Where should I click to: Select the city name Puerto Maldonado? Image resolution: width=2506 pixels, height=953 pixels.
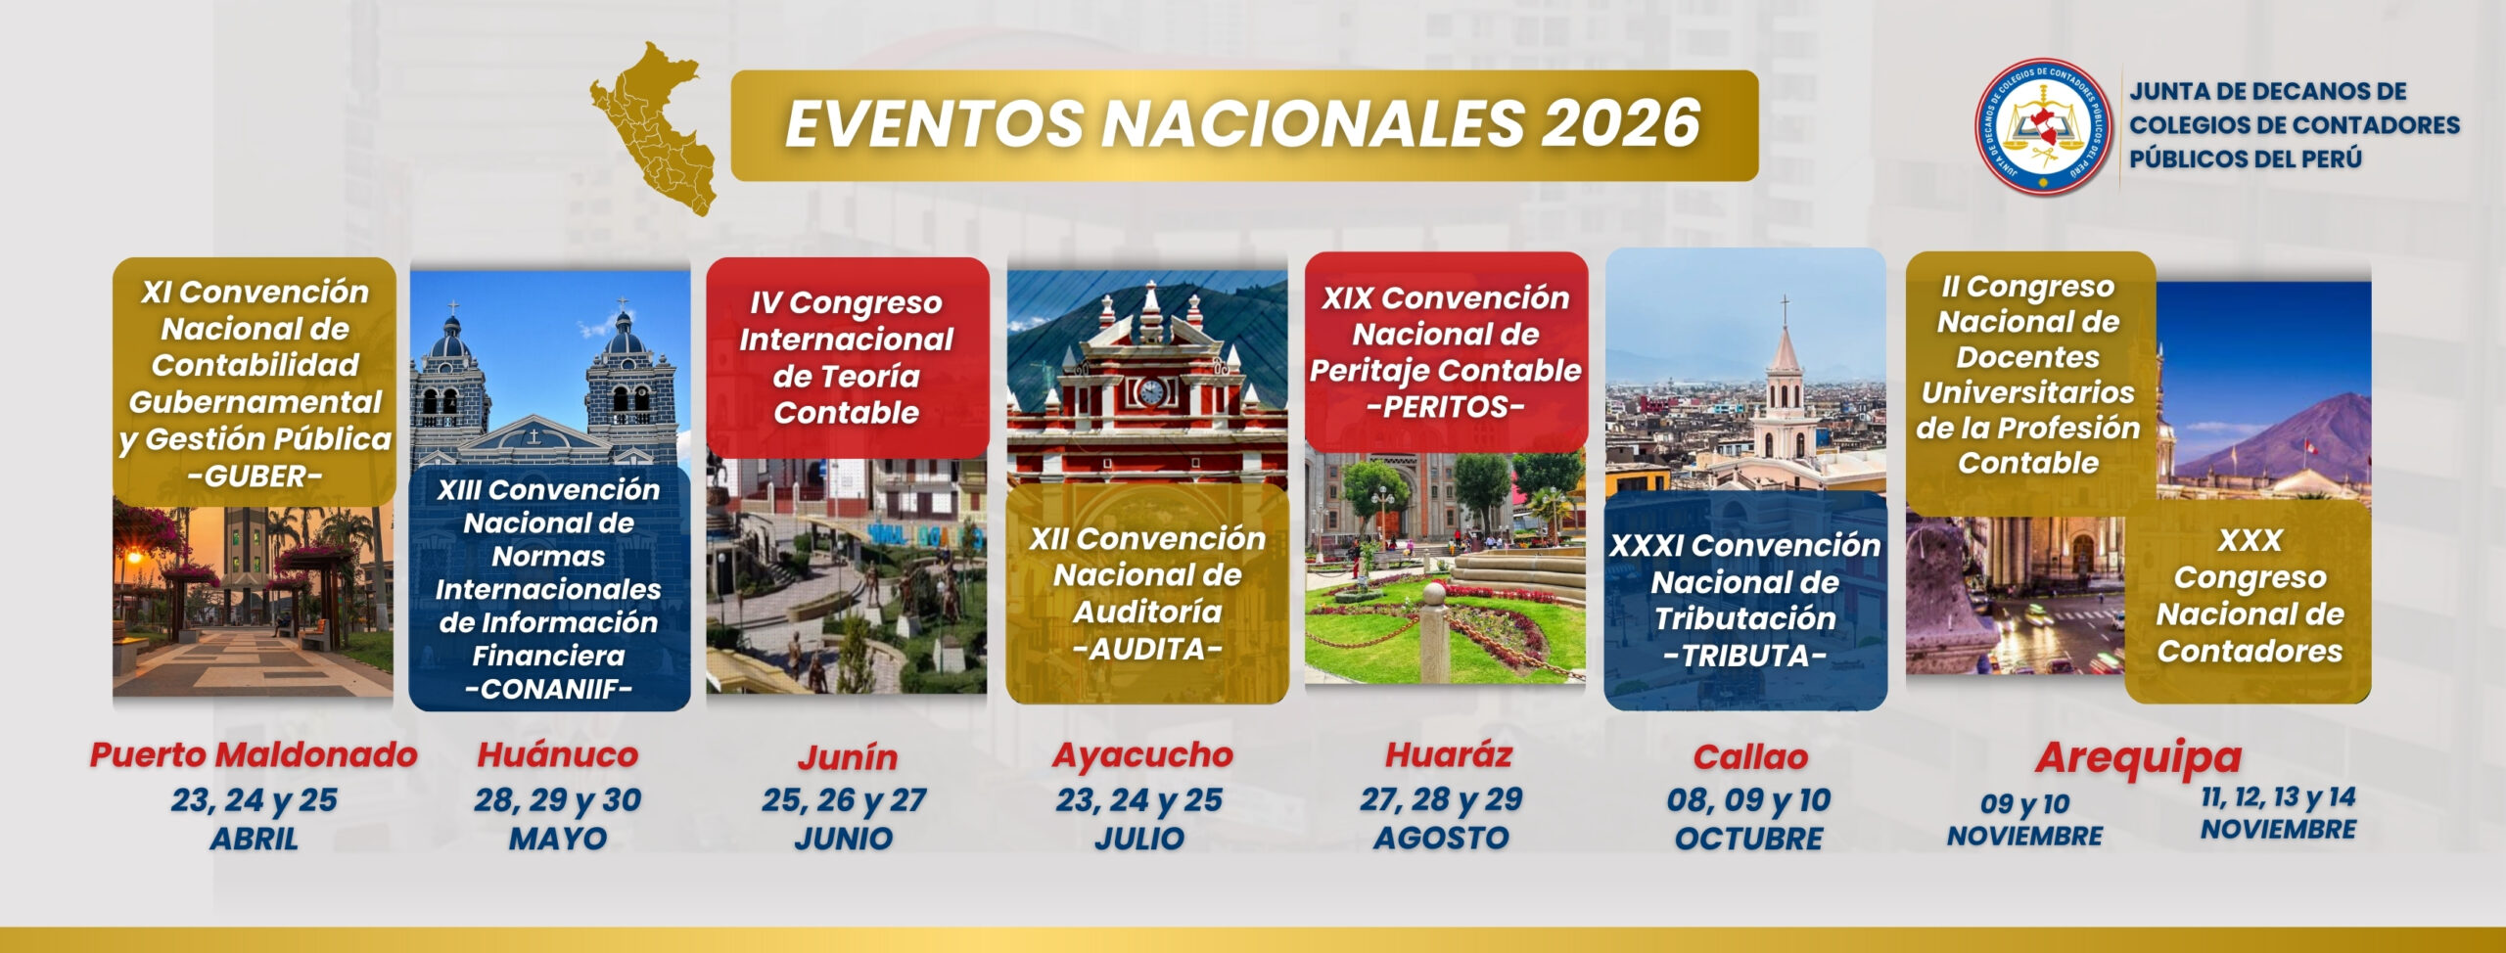(254, 754)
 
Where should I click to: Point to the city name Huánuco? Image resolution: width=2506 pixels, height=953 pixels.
(557, 754)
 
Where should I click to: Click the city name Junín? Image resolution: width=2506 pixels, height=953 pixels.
(847, 757)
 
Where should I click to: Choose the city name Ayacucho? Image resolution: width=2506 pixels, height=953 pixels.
(1142, 754)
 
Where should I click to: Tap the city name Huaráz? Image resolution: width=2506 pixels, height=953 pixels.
(1448, 754)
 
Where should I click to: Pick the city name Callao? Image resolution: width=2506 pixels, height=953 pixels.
(1750, 756)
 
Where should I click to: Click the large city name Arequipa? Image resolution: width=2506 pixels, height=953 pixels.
(2138, 757)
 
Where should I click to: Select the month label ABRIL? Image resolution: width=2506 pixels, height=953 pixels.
(254, 839)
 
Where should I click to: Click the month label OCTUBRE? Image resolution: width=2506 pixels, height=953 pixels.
(1748, 839)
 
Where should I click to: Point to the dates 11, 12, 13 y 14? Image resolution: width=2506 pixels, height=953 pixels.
(2278, 797)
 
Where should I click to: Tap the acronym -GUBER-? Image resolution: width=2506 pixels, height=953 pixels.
(255, 476)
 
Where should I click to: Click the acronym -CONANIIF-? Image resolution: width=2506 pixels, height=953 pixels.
(548, 689)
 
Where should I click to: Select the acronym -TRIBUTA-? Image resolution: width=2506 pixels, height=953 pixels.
(1744, 656)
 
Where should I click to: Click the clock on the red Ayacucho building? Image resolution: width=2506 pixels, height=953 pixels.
(1151, 391)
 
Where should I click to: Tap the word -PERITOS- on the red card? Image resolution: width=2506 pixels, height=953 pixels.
(1445, 407)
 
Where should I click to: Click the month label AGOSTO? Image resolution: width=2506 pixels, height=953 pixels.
(1441, 839)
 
